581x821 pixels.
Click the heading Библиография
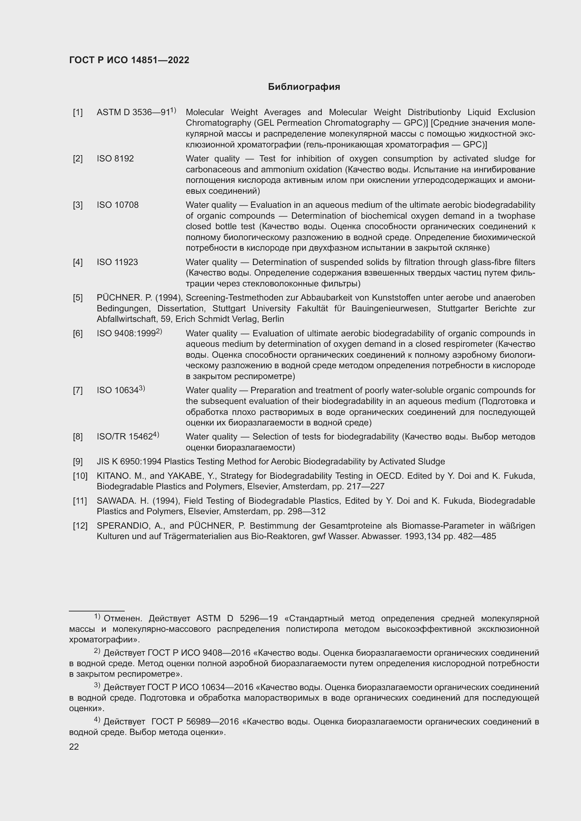pyautogui.click(x=304, y=87)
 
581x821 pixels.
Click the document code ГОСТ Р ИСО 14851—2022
pyautogui.click(x=129, y=60)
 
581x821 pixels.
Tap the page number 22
pyautogui.click(x=74, y=747)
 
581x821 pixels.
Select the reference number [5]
pyautogui.click(x=78, y=298)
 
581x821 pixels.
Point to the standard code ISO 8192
pyautogui.click(x=115, y=159)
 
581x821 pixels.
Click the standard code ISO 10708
pyautogui.click(x=117, y=205)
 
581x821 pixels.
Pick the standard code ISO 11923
pyautogui.click(x=117, y=263)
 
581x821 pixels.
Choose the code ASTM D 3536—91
pyautogui.click(x=133, y=113)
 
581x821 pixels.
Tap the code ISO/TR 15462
pyautogui.click(x=124, y=437)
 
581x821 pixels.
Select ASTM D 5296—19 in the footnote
pyautogui.click(x=237, y=618)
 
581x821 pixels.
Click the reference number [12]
pyautogui.click(x=80, y=526)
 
